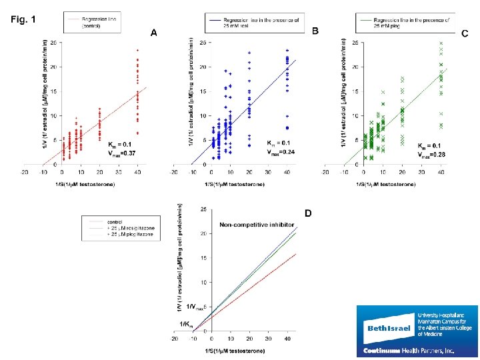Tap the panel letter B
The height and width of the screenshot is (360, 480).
tap(315, 31)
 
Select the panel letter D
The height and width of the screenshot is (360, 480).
tap(308, 213)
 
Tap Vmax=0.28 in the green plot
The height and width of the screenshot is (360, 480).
tap(431, 154)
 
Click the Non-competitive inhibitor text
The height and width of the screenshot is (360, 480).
tap(257, 225)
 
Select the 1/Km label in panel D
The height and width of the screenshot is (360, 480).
tap(187, 324)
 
